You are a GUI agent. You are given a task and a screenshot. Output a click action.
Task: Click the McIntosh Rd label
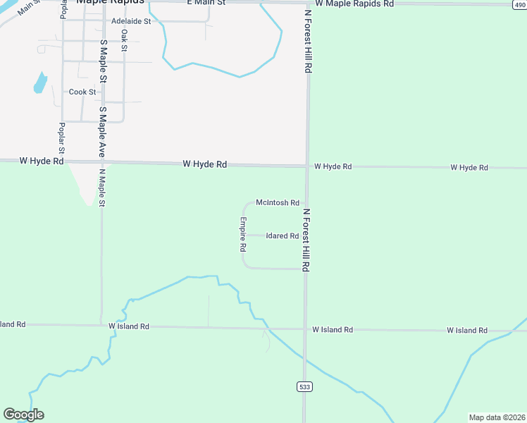pos(278,203)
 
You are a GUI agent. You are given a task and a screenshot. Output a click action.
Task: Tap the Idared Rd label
pos(283,236)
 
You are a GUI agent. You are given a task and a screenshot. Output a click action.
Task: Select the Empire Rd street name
pos(242,235)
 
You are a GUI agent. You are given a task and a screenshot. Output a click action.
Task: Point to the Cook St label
pos(82,92)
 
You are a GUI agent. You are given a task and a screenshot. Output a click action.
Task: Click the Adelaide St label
pos(131,22)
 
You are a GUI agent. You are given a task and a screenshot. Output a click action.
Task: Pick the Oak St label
pos(124,40)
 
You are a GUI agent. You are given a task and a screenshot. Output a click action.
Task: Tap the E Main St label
pos(206,4)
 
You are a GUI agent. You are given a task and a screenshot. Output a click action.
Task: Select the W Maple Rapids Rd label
pos(354,4)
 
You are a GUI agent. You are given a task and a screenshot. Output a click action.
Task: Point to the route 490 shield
pos(519,4)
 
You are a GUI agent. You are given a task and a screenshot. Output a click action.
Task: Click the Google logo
pos(23,415)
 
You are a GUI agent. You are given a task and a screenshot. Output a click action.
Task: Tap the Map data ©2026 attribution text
pos(496,417)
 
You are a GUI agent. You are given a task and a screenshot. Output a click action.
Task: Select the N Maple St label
pos(102,188)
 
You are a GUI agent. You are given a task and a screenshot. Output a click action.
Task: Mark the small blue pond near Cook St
pos(40,83)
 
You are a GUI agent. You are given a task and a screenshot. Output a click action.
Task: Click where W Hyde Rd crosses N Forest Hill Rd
pos(307,167)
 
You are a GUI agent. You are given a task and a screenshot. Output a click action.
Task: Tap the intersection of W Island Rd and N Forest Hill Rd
pos(305,329)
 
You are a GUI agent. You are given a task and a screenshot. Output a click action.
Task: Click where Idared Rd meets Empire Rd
pos(244,235)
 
